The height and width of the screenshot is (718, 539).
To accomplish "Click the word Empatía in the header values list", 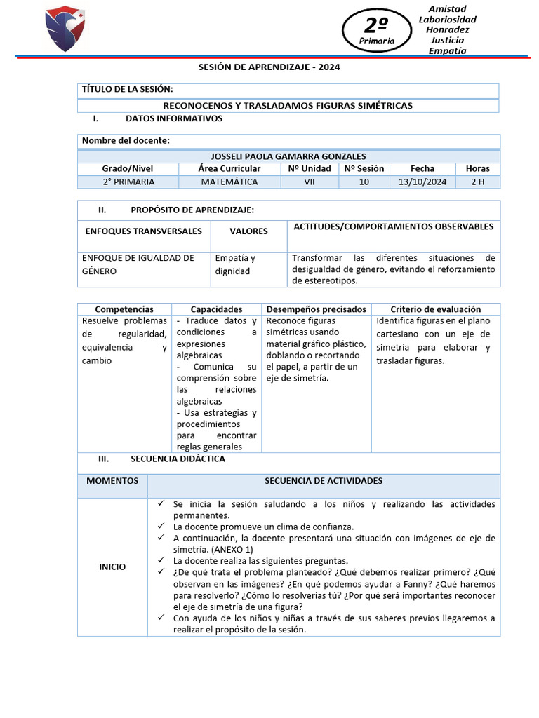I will pos(447,50).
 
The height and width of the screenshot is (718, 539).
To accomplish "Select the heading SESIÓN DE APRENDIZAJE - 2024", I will pos(268,67).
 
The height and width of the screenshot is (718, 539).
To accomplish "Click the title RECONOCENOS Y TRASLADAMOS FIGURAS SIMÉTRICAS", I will pos(288,105).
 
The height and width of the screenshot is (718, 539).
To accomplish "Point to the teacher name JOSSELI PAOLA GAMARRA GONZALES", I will pos(288,156).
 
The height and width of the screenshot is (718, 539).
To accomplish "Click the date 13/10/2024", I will pos(422,182).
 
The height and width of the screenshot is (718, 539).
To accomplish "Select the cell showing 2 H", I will pos(477,182).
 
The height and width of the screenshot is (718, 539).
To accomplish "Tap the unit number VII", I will pos(309,182).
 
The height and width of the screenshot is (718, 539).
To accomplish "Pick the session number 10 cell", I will pos(364,182).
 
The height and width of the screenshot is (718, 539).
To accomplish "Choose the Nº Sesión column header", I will pos(364,168).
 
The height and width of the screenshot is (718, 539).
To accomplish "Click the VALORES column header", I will pos(248,231).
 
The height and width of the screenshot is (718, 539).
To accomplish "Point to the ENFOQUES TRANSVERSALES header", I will pos(143,231).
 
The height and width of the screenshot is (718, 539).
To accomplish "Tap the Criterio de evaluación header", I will pos(435,309).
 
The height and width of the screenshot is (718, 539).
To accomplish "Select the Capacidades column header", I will pos(216,309).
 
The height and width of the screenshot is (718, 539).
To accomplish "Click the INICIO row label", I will pos(112,567).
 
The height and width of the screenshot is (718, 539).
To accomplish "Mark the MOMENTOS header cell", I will pos(112,481).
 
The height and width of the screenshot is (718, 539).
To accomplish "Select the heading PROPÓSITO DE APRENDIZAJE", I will pos(192,210).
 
